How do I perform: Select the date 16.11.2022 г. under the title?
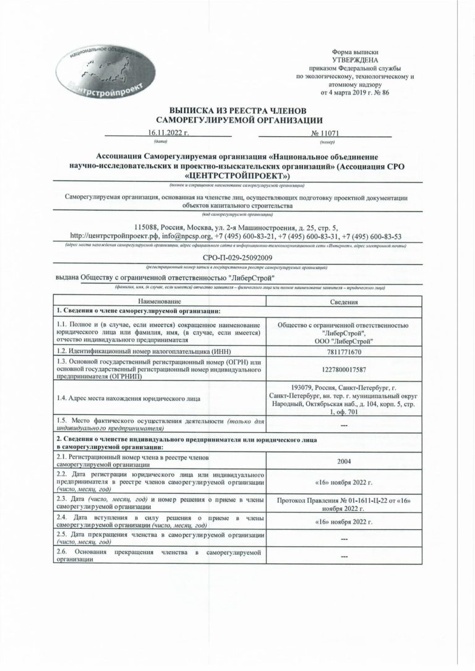click(168, 133)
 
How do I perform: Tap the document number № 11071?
click(325, 133)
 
